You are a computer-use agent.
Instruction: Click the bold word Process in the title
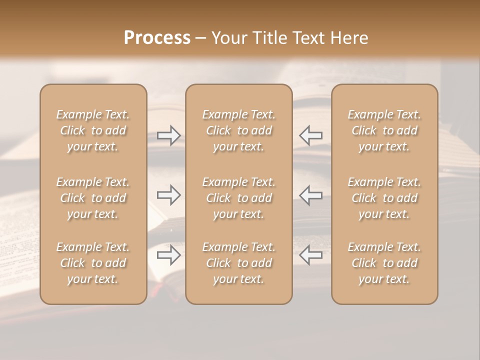coord(157,37)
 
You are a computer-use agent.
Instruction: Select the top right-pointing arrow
coord(168,135)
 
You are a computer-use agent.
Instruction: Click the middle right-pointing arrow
coord(168,194)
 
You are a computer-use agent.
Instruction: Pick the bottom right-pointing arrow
coord(168,255)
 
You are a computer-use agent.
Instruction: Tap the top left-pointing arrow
coord(311,135)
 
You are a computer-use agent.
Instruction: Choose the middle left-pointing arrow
coord(311,194)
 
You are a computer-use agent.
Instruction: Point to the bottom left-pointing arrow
coord(311,255)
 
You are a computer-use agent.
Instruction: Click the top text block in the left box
coord(93,130)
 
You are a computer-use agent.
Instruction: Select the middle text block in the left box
coord(93,198)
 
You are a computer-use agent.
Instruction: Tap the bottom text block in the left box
coord(93,263)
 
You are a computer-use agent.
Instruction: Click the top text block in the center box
coord(238,130)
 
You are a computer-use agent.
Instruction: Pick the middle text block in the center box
coord(238,198)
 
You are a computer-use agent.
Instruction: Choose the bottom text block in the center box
coord(238,263)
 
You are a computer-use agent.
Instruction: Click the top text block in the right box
coord(384,130)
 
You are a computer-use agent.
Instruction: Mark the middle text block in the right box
coord(384,198)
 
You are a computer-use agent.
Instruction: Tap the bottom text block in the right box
coord(384,263)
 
